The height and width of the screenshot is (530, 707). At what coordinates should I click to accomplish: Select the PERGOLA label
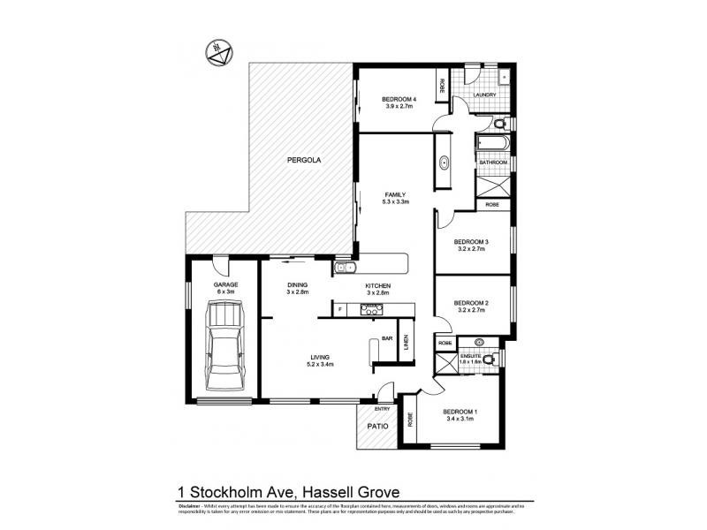[x=303, y=161]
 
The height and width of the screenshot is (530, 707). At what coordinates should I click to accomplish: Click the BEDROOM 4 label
[x=400, y=99]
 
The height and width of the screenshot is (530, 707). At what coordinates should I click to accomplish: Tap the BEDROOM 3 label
[x=471, y=241]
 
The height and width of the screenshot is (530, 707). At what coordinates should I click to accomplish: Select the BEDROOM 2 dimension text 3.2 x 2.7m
[x=471, y=311]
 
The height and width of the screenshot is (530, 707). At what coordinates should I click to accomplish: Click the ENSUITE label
[x=469, y=355]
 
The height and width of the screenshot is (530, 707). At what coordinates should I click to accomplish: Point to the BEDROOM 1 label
[x=459, y=412]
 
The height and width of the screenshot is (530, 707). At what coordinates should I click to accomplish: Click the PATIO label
[x=377, y=428]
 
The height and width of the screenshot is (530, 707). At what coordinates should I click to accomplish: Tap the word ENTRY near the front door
[x=382, y=409]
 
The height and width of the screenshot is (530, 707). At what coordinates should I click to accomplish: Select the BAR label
[x=386, y=337]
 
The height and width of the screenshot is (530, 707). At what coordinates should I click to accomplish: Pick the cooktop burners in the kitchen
[x=369, y=308]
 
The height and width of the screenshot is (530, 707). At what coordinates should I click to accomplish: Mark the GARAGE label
[x=226, y=284]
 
